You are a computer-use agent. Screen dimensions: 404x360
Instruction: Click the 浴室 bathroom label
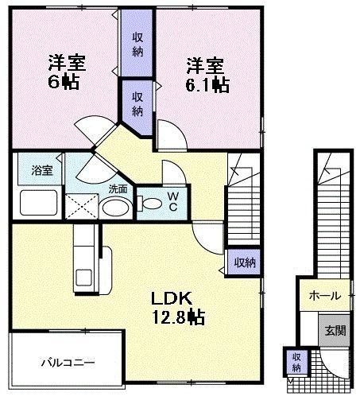[x=41, y=170]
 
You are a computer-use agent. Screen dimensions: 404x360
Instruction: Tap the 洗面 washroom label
[x=118, y=189]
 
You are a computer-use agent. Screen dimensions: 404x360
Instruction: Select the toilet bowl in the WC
[x=149, y=203]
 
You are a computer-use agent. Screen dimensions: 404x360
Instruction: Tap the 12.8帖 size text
[x=178, y=318]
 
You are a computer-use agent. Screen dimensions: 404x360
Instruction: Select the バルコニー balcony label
[x=68, y=363]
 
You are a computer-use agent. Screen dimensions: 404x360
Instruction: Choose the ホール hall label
[x=324, y=295]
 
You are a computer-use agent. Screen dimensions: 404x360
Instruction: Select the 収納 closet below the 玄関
[x=296, y=363]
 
